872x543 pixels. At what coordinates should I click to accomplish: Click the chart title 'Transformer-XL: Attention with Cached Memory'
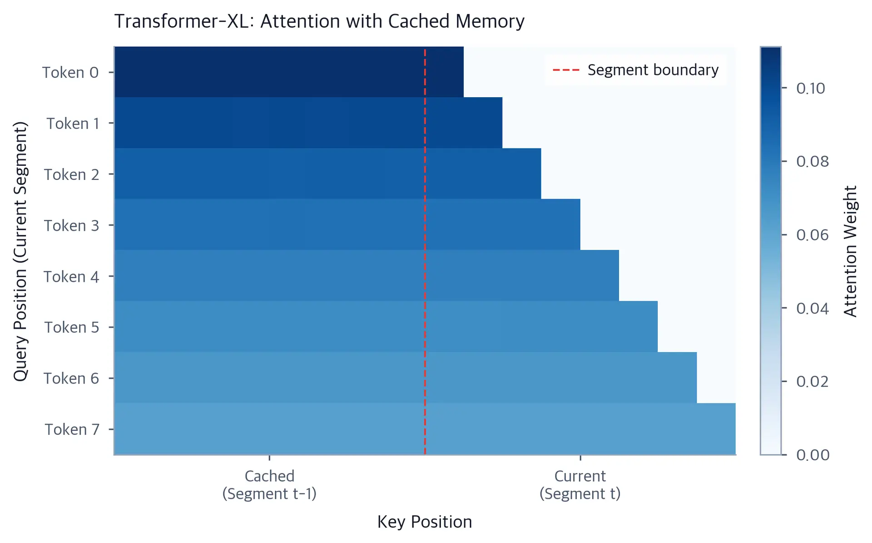coord(319,21)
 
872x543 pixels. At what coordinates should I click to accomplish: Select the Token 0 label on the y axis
coord(70,72)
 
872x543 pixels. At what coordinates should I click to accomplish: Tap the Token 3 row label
coord(71,225)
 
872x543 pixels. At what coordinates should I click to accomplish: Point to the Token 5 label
coord(71,327)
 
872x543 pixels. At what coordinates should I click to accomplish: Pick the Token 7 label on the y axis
coord(72,429)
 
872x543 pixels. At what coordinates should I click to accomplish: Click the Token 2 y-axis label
coord(71,174)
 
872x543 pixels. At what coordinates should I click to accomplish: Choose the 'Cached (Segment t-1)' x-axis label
coord(269,485)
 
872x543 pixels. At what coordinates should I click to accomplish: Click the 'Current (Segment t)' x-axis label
coord(580,485)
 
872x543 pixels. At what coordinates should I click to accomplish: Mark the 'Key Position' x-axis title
coord(425,522)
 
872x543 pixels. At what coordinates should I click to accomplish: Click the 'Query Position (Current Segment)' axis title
coord(20,251)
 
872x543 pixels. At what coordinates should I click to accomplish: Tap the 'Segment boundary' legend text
coord(653,70)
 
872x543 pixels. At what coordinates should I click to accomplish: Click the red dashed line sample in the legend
coord(566,70)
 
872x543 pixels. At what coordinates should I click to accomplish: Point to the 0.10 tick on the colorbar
coord(811,88)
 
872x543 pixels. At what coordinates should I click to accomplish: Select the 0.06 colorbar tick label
coord(813,235)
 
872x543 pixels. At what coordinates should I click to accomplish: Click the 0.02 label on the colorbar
coord(813,381)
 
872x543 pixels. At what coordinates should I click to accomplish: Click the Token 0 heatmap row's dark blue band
coord(289,72)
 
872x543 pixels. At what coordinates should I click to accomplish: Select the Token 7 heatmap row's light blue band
coord(425,428)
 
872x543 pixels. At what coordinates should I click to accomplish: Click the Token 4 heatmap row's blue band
coord(367,275)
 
